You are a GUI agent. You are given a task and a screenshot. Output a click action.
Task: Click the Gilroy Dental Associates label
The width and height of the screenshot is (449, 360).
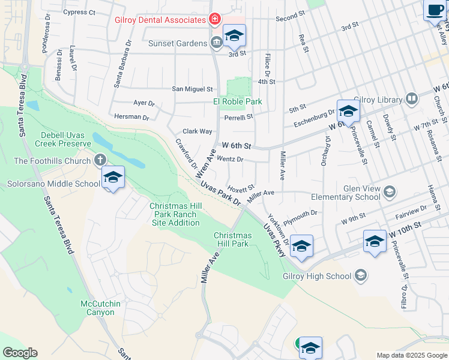[160, 20]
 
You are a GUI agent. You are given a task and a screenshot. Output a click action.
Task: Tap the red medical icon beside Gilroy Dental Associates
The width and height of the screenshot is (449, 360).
[213, 20]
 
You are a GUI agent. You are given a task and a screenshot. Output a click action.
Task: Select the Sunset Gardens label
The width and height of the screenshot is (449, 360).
[178, 43]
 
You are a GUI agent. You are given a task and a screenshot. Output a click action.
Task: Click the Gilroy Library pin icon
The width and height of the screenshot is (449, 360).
[411, 98]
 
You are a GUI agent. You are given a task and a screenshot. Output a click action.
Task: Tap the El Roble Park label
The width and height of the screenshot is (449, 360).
[238, 101]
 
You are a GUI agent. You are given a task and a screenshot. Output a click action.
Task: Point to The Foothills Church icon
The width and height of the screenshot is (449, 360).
[100, 160]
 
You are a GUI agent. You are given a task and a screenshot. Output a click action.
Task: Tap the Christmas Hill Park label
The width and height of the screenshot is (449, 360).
[232, 239]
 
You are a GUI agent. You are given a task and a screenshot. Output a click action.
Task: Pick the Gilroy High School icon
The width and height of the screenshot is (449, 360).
[360, 275]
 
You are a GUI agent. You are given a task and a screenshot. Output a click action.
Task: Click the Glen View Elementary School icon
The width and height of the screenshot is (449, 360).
[389, 192]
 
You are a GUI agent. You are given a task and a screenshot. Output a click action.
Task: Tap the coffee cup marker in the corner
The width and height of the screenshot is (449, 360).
[435, 10]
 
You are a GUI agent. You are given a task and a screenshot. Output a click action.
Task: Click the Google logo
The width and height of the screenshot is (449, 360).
[20, 353]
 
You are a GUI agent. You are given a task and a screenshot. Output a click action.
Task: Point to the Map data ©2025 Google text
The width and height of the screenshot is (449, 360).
[411, 355]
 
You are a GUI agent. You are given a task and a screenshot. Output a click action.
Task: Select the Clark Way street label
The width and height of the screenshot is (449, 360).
[197, 131]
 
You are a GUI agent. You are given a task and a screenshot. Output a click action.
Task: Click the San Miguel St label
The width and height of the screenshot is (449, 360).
[192, 89]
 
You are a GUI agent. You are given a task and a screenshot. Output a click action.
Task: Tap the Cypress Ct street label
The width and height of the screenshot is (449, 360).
[79, 12]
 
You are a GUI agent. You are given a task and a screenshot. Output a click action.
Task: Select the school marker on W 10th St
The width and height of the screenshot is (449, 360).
[375, 242]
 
